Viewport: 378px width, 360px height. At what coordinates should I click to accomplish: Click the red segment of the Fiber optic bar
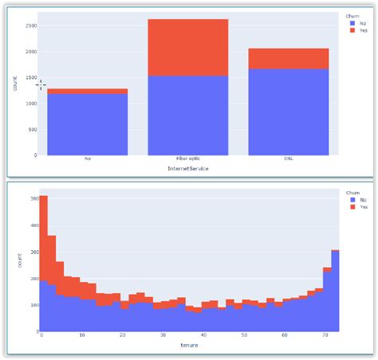coord(188,47)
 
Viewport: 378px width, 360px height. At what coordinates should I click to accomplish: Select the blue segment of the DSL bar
coord(289,112)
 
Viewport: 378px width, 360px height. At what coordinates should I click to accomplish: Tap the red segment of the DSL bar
coord(289,58)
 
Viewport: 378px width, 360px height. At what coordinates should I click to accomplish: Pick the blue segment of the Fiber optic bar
coord(188,115)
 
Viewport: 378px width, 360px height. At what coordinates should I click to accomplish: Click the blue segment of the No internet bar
coord(87,124)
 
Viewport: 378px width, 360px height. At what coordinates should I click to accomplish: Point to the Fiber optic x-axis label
coord(188,158)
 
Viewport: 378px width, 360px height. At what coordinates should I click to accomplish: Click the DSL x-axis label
coord(289,158)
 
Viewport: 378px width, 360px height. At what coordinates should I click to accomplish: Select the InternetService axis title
coord(188,168)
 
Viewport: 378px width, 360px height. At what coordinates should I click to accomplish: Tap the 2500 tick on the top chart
coord(31,25)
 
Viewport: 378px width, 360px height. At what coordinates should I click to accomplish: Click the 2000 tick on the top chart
coord(31,52)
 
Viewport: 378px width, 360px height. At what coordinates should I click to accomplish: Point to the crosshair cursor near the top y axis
coord(41,84)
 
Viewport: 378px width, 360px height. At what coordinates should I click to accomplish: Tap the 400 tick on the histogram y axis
coord(32,225)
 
